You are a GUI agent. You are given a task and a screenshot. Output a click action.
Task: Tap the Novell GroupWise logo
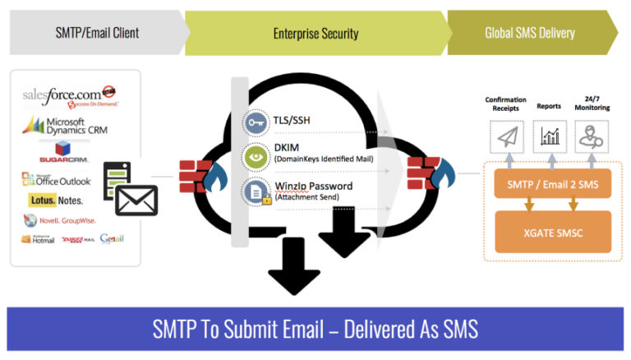click(59, 219)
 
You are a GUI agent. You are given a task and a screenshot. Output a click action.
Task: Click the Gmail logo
click(112, 239)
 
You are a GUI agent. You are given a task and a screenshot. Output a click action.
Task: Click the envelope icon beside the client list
click(136, 200)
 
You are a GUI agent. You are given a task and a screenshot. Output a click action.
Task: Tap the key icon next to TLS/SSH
click(254, 122)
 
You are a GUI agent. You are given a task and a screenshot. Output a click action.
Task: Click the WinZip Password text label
click(313, 187)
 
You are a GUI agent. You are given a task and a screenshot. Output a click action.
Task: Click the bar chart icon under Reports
click(548, 136)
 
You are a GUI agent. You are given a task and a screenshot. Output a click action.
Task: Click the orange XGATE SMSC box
click(552, 233)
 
